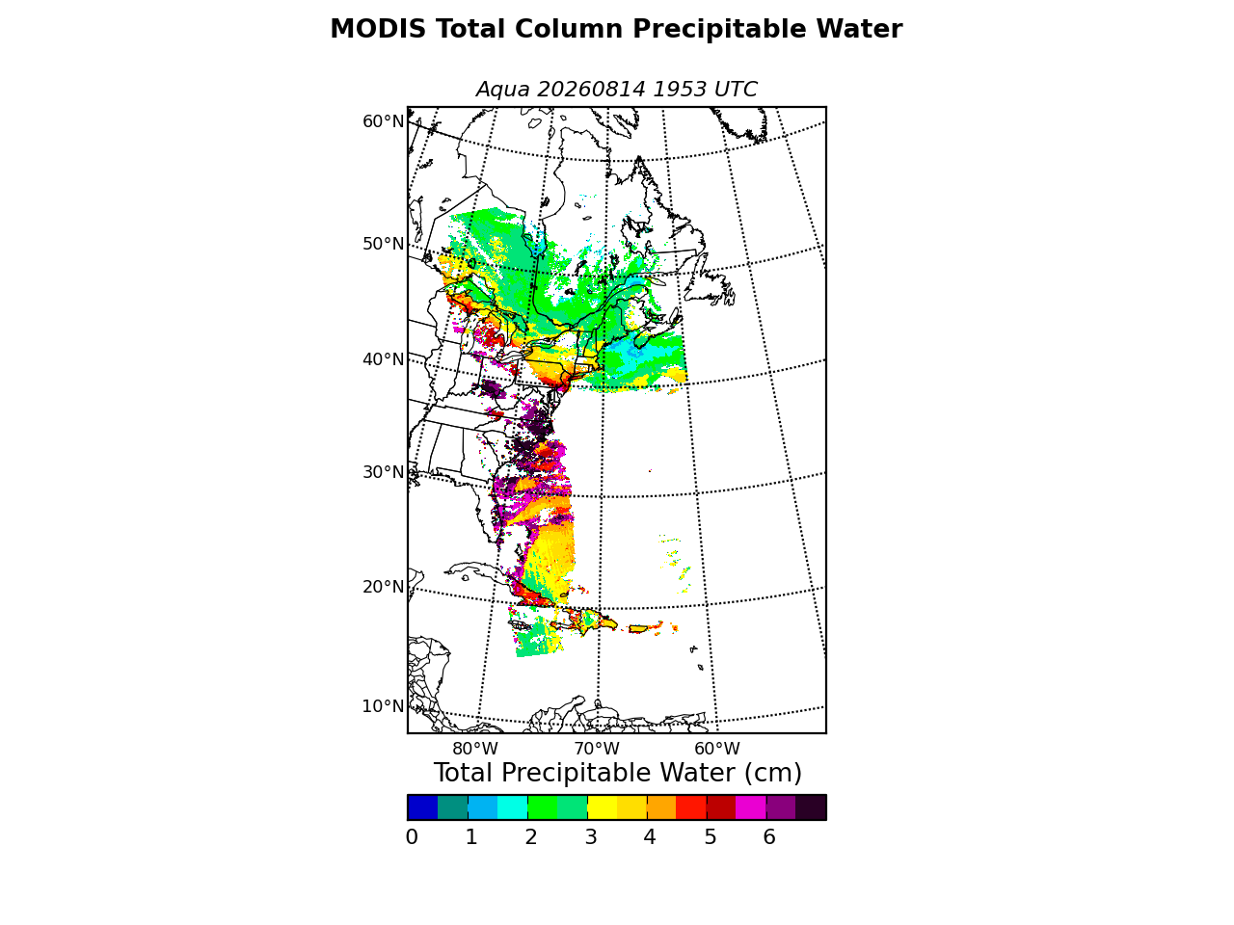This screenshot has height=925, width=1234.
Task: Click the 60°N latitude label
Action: pos(384,121)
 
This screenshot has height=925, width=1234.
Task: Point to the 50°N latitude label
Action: pos(384,244)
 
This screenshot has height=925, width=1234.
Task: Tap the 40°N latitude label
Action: pos(384,358)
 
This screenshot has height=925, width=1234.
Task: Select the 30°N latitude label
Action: pos(384,472)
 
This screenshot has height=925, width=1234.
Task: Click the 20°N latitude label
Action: pos(384,587)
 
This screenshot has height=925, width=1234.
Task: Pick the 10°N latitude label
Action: pos(384,706)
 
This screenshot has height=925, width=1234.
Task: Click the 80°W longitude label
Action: pos(475,749)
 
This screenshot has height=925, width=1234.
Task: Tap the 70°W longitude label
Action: pos(597,749)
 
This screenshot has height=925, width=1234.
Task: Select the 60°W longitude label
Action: pos(717,749)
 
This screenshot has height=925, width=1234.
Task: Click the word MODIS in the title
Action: pos(378,29)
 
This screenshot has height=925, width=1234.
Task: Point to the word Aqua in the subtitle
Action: pos(502,90)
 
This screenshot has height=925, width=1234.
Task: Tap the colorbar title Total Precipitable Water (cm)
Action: pos(617,773)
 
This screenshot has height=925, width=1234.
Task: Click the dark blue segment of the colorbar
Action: pos(423,807)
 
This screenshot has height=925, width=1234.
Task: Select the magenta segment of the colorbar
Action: pos(751,807)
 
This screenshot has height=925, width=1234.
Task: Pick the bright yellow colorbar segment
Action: pos(603,807)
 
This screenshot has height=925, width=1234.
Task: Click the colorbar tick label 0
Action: pos(412,837)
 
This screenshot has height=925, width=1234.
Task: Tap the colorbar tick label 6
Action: pos(769,837)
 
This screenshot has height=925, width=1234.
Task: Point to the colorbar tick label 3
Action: pos(591,837)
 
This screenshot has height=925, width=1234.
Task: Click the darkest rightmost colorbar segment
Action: pos(811,807)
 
